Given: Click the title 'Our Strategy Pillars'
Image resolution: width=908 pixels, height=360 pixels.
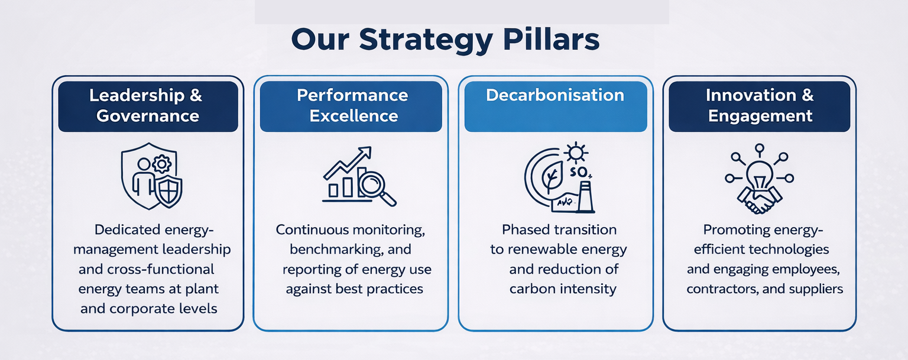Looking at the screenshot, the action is pos(445,40).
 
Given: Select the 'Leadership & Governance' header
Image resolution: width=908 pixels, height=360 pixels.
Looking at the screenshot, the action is pos(148,106).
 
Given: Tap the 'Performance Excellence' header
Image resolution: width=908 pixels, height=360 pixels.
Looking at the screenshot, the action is pos(351,106).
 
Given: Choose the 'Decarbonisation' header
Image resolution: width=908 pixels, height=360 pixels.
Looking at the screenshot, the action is pos(556,106).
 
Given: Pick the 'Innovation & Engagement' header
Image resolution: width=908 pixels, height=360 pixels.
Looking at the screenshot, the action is pos(759,106).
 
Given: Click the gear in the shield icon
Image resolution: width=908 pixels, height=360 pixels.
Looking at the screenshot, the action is pos(162,164).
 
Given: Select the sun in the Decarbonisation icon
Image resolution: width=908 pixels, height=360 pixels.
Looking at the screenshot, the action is pos(576,154).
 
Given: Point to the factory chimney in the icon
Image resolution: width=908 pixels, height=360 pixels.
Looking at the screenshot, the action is pos(585,197).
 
